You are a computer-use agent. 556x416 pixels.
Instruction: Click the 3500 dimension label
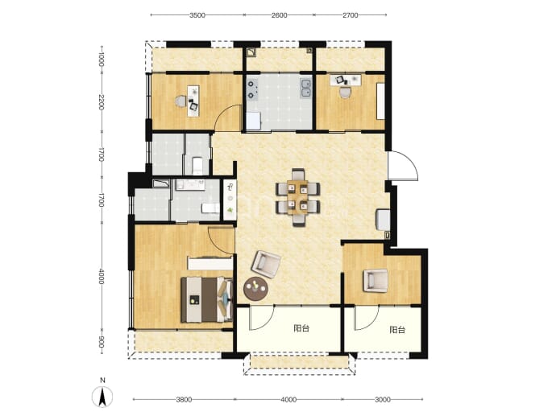point(197,15)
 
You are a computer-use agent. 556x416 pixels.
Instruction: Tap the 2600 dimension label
point(280,15)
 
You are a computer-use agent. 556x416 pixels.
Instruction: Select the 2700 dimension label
point(351,15)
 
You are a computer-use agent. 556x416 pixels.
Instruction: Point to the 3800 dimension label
point(184,400)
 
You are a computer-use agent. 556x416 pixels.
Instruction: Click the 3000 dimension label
point(383,400)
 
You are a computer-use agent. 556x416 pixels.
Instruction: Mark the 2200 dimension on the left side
point(102,103)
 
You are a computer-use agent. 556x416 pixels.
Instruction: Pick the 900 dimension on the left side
point(102,342)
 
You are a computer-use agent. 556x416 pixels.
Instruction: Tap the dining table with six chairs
point(298,197)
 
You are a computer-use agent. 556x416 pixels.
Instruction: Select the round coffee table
point(255,289)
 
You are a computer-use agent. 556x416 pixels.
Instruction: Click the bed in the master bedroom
point(207,299)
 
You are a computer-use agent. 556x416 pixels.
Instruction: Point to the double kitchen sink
point(305,88)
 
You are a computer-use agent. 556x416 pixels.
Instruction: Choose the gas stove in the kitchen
point(251,89)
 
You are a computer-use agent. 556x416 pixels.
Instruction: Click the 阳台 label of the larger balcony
point(301,328)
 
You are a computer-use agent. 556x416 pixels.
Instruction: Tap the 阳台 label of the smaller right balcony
point(397,330)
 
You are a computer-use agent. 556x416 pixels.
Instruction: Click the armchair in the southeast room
point(376,281)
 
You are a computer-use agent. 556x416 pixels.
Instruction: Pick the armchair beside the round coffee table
point(266,264)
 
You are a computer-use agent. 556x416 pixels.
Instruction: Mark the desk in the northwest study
point(193,101)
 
